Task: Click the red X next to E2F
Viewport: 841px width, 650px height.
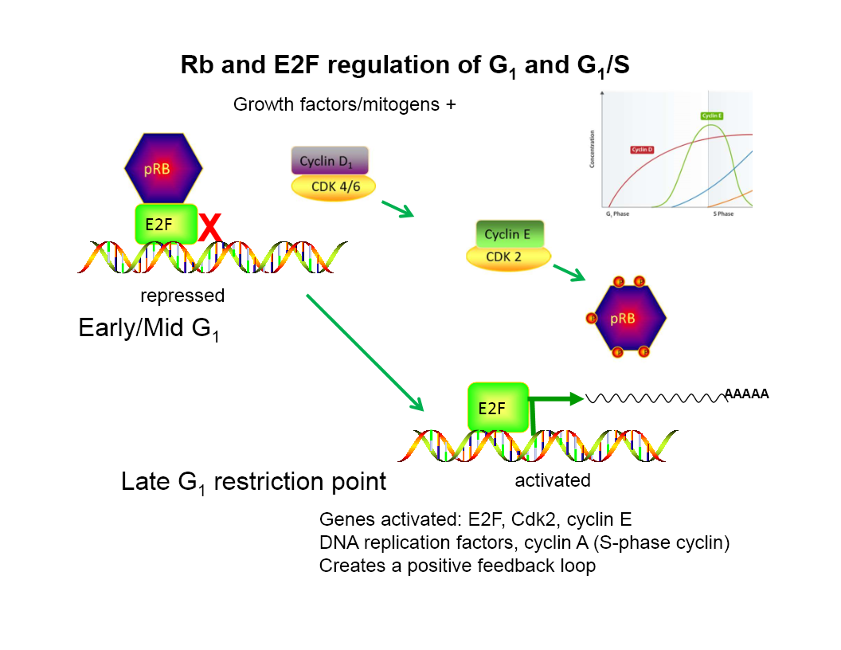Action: coord(209,226)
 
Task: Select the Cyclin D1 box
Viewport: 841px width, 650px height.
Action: coord(330,160)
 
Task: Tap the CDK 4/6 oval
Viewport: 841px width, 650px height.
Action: coord(333,187)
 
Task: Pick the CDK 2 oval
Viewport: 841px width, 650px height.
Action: coord(508,256)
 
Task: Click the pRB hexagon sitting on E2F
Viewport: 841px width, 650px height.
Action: coord(163,169)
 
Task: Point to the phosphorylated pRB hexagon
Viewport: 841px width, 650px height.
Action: coord(623,318)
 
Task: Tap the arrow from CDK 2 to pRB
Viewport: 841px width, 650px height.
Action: coord(569,272)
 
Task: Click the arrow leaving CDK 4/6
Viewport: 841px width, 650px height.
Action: coord(397,209)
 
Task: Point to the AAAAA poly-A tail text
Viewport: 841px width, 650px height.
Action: coord(746,393)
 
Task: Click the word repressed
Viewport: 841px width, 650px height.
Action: coord(182,296)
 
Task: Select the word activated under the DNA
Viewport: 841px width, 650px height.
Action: coord(553,480)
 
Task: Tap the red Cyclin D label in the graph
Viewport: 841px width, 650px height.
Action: coord(643,149)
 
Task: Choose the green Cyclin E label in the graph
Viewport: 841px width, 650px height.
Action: coord(711,116)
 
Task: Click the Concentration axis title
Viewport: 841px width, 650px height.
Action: coord(592,153)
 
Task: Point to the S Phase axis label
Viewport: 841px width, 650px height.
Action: coord(723,214)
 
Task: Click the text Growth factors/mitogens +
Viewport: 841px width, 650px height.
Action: coord(344,104)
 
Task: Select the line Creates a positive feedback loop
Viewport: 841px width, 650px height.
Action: coord(457,566)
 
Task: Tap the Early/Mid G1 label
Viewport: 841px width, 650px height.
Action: coord(149,328)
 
